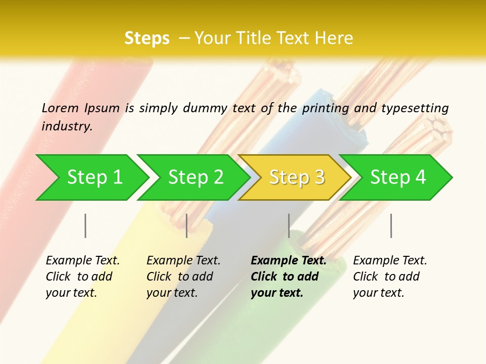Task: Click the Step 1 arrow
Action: (x=94, y=177)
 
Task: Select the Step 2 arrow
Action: (x=195, y=177)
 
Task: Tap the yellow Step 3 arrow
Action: (x=297, y=177)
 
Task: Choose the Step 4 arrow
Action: (x=398, y=177)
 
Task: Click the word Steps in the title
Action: (x=147, y=38)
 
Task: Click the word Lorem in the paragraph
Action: (x=60, y=108)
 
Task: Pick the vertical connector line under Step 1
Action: (x=86, y=225)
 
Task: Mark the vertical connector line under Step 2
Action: (x=187, y=225)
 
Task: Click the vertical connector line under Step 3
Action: (x=289, y=225)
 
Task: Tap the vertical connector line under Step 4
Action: (x=391, y=225)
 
